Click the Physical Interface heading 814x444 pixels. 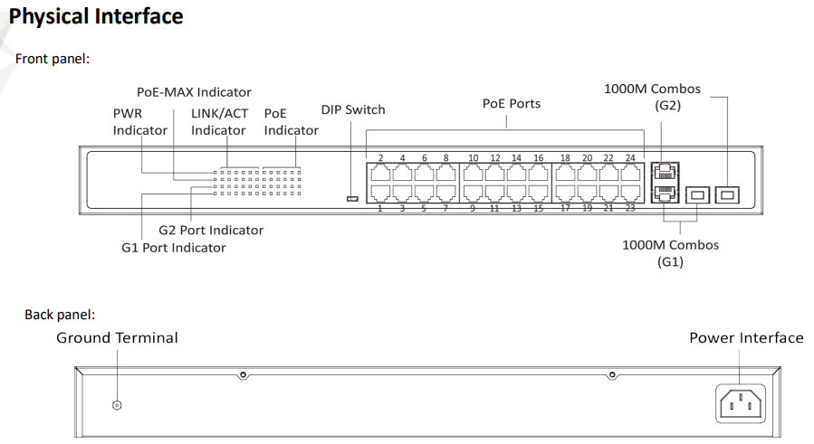pyautogui.click(x=95, y=16)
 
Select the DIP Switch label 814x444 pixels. pyautogui.click(x=353, y=110)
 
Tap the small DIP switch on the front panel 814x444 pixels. pyautogui.click(x=352, y=198)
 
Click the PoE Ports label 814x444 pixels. pyautogui.click(x=512, y=104)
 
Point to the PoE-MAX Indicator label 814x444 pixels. pyautogui.click(x=194, y=92)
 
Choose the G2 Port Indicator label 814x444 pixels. pyautogui.click(x=211, y=231)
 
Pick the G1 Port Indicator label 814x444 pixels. pyautogui.click(x=174, y=247)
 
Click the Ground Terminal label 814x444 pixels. pyautogui.click(x=117, y=338)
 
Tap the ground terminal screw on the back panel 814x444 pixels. pyautogui.click(x=116, y=405)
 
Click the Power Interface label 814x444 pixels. pyautogui.click(x=746, y=338)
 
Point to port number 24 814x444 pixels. pyautogui.click(x=629, y=158)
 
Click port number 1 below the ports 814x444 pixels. pyautogui.click(x=380, y=209)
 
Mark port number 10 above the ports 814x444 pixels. pyautogui.click(x=473, y=158)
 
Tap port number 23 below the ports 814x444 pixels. pyautogui.click(x=629, y=209)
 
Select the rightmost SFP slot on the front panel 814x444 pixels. pyautogui.click(x=727, y=194)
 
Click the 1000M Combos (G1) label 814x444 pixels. pyautogui.click(x=670, y=253)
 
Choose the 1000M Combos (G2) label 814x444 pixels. pyautogui.click(x=652, y=97)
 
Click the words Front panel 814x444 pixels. pyautogui.click(x=53, y=59)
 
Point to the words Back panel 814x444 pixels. pyautogui.click(x=60, y=315)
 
